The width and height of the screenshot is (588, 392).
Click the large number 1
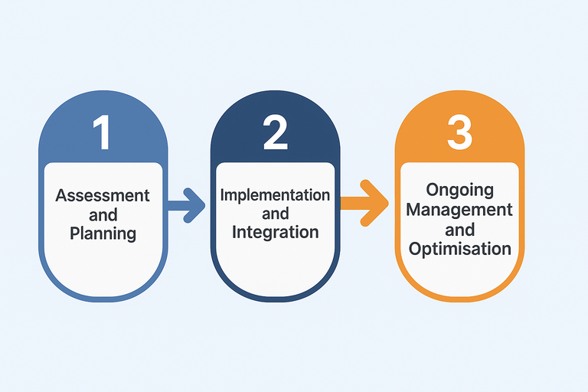(103, 132)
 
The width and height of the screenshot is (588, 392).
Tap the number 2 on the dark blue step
(274, 132)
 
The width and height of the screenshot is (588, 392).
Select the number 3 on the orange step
(459, 131)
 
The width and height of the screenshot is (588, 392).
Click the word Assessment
(103, 195)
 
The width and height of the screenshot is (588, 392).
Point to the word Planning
(103, 233)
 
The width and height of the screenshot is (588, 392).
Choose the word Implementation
(275, 194)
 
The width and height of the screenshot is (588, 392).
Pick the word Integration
(275, 232)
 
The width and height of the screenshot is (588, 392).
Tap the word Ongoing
(459, 190)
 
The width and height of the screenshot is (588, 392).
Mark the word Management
(459, 209)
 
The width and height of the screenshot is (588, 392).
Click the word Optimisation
(459, 248)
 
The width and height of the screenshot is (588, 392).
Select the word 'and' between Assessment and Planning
(103, 214)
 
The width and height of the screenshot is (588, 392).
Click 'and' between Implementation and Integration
(275, 214)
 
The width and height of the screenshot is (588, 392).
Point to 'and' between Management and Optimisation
(459, 229)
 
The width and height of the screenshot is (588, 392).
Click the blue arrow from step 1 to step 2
(186, 204)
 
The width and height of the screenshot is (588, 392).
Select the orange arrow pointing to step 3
(365, 202)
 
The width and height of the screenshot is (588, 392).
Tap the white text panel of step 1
(103, 260)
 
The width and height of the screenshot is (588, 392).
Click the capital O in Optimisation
(415, 248)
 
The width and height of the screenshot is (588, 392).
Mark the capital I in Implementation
(223, 194)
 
